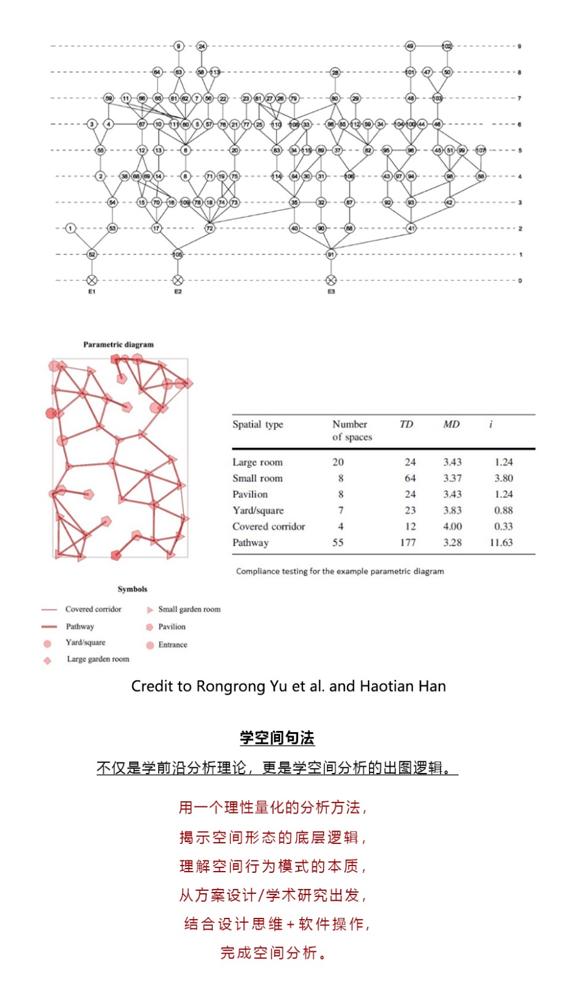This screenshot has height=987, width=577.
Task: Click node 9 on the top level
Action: click(178, 46)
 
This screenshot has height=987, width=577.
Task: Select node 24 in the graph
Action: click(201, 46)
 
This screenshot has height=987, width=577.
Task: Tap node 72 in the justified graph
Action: click(210, 228)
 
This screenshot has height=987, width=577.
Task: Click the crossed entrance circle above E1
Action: click(92, 280)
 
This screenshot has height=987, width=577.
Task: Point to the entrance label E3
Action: click(331, 292)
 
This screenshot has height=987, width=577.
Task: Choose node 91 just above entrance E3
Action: click(331, 254)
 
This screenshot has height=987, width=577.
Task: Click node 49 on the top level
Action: click(410, 46)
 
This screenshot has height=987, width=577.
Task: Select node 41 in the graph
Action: click(411, 228)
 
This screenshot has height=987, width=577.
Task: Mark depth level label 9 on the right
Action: click(520, 46)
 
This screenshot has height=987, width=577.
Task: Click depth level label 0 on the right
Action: click(520, 281)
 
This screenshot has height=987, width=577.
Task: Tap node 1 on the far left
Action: click(70, 228)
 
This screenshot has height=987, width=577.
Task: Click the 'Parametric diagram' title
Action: click(118, 345)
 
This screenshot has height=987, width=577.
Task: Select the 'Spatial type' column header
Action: click(258, 424)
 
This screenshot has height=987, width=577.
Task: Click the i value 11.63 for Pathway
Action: click(501, 543)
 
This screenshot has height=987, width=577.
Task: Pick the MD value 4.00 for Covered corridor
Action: click(452, 527)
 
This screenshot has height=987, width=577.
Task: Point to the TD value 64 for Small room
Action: click(410, 478)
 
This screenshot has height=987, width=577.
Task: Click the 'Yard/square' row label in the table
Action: click(258, 511)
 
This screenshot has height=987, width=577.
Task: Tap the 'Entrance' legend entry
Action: click(172, 645)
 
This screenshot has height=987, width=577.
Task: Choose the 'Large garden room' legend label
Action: click(98, 659)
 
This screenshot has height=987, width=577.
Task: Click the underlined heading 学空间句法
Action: click(277, 738)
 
